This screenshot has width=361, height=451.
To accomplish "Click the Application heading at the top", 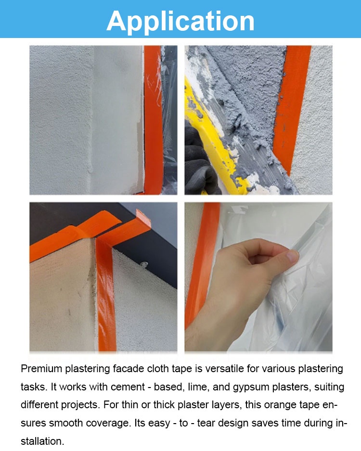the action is click(180, 21).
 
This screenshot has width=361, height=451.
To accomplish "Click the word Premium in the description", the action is click(41, 369).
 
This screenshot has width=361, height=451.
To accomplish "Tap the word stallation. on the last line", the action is click(42, 441).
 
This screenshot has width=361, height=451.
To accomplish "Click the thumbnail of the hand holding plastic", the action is click(258, 276).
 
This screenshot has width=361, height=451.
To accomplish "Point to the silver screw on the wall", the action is click(144, 263).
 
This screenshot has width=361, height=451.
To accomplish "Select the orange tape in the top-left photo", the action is click(153, 120).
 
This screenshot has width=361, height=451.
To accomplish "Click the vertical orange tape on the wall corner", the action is click(105, 293).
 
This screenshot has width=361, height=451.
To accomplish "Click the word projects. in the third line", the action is click(80, 405).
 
